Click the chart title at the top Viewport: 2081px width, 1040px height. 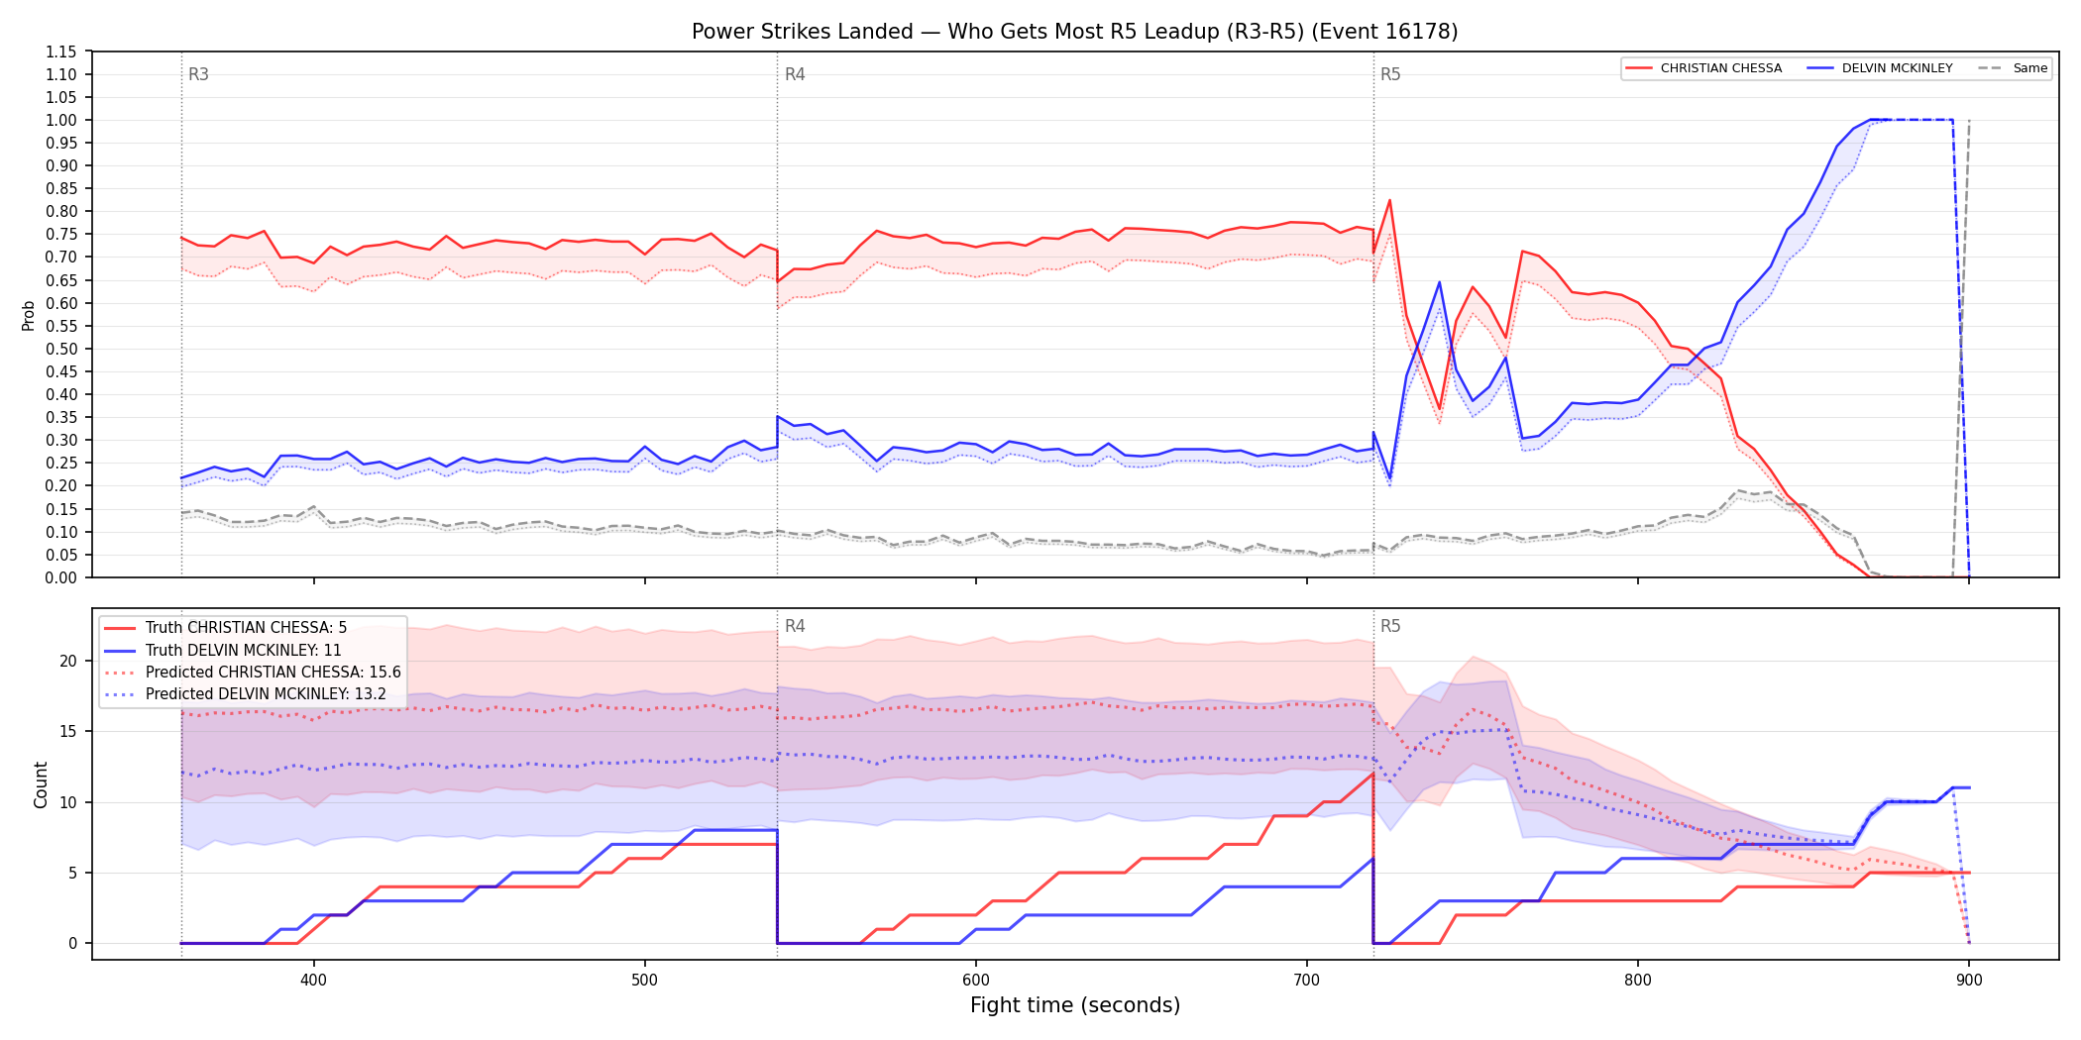pos(1075,32)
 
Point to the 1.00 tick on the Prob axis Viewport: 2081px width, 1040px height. pos(61,120)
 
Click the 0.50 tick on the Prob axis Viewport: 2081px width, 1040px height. pos(61,349)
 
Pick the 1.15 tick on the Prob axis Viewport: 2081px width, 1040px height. pos(61,52)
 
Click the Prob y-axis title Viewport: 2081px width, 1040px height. pos(28,315)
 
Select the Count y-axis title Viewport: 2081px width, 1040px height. pos(41,784)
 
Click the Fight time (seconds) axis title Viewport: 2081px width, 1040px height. pos(1075,1005)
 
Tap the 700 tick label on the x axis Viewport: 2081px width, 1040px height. pos(1307,981)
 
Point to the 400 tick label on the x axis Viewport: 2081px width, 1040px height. pos(313,981)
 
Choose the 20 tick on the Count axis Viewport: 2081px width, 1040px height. pos(68,661)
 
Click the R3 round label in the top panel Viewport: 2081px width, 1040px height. pos(198,74)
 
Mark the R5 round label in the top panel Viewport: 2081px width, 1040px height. pos(1390,74)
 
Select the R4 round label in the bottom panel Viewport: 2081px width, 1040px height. pos(795,626)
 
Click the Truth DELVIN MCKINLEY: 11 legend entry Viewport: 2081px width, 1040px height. pos(243,651)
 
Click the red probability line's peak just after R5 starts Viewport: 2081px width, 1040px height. pos(1389,200)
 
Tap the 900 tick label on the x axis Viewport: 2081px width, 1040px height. pos(1969,981)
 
